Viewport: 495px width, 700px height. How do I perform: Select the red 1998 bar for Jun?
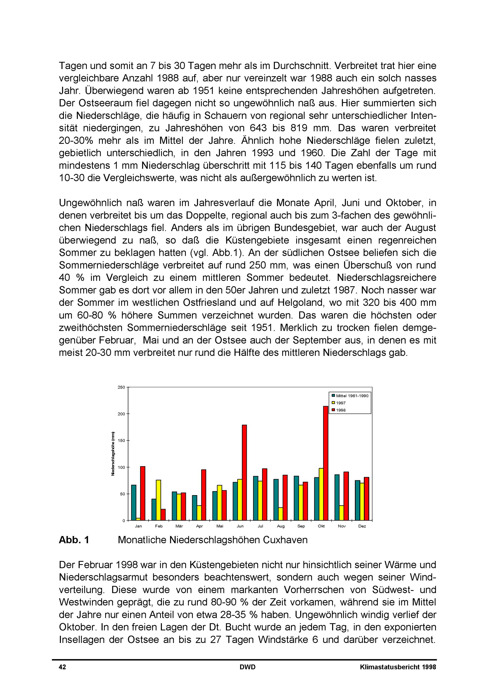[244, 472]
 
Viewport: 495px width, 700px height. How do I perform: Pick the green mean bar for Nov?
[337, 497]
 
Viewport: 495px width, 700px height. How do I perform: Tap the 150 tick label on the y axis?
[121, 440]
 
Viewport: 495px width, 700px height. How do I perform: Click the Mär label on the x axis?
[179, 526]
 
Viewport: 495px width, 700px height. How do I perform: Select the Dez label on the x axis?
[362, 526]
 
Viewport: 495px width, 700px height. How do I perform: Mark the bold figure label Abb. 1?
[74, 540]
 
